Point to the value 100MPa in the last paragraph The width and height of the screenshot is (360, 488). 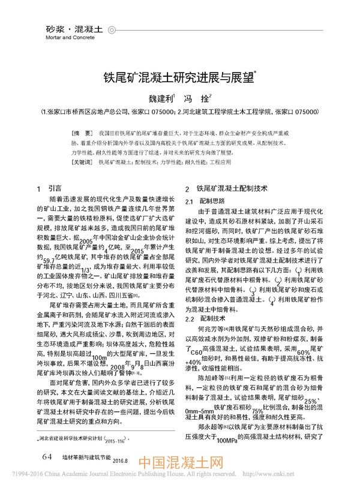pyautogui.click(x=229, y=457)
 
